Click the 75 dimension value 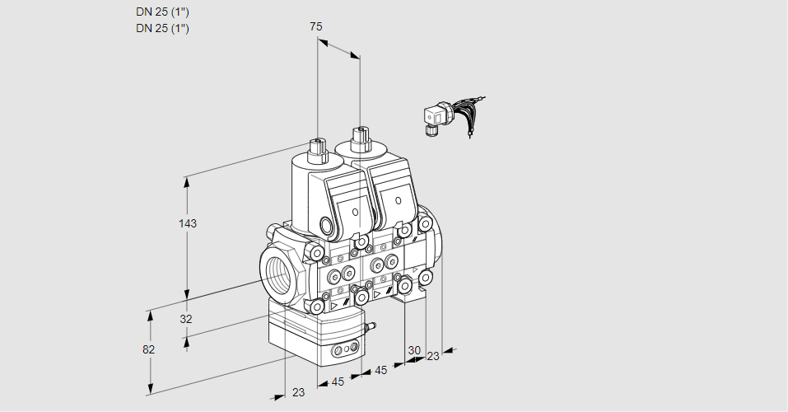(x=316, y=26)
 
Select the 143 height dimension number (x=189, y=223)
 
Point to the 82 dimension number (x=148, y=349)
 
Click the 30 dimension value (x=413, y=350)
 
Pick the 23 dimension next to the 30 (x=433, y=356)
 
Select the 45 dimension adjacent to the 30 (x=381, y=370)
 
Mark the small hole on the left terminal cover (x=356, y=212)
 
